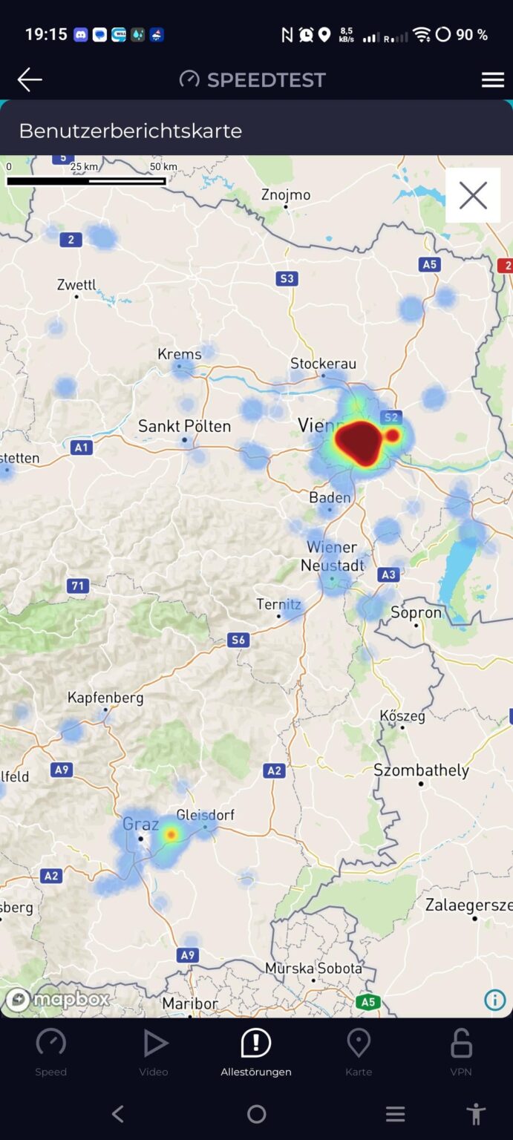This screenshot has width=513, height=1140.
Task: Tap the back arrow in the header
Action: point(30,79)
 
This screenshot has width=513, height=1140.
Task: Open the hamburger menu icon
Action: point(493,80)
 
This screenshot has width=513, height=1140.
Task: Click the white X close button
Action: point(473,196)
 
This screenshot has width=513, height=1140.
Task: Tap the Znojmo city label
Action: point(286,194)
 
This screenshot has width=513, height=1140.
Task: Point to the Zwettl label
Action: point(76,285)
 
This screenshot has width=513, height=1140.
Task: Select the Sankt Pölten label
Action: point(184,426)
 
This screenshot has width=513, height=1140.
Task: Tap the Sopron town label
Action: point(416,613)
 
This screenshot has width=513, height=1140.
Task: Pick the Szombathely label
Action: point(421,770)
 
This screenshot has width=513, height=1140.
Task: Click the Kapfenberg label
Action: point(105,698)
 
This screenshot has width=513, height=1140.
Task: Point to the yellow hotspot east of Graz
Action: point(171,835)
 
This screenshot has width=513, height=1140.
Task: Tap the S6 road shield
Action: point(238,640)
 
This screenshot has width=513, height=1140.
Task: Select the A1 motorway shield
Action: point(82,448)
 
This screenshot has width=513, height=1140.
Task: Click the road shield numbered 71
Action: point(77,586)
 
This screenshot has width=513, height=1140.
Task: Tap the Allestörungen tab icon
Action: point(256,1043)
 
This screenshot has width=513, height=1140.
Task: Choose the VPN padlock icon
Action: point(461,1043)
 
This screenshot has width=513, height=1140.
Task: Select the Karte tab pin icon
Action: point(359,1043)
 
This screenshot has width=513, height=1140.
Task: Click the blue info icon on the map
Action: point(495,1000)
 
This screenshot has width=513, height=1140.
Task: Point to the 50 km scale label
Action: point(163,167)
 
